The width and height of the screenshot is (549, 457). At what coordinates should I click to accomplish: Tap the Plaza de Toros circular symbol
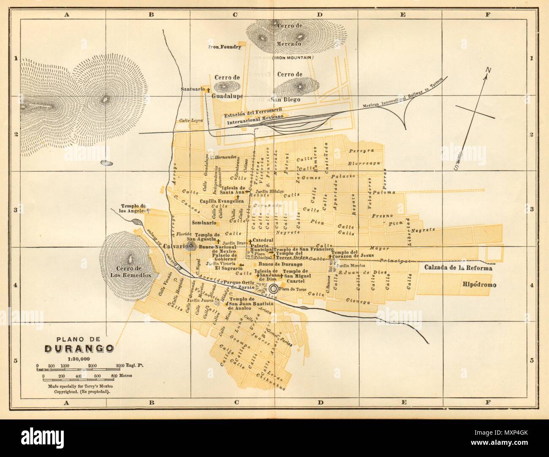point(274,289)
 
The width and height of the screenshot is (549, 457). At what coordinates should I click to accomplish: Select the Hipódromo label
point(478,285)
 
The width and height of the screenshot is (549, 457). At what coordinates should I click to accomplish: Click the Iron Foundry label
point(225,47)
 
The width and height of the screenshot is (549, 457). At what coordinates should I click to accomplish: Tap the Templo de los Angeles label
point(133,207)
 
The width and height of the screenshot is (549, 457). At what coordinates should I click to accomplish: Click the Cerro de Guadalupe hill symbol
point(222,87)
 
